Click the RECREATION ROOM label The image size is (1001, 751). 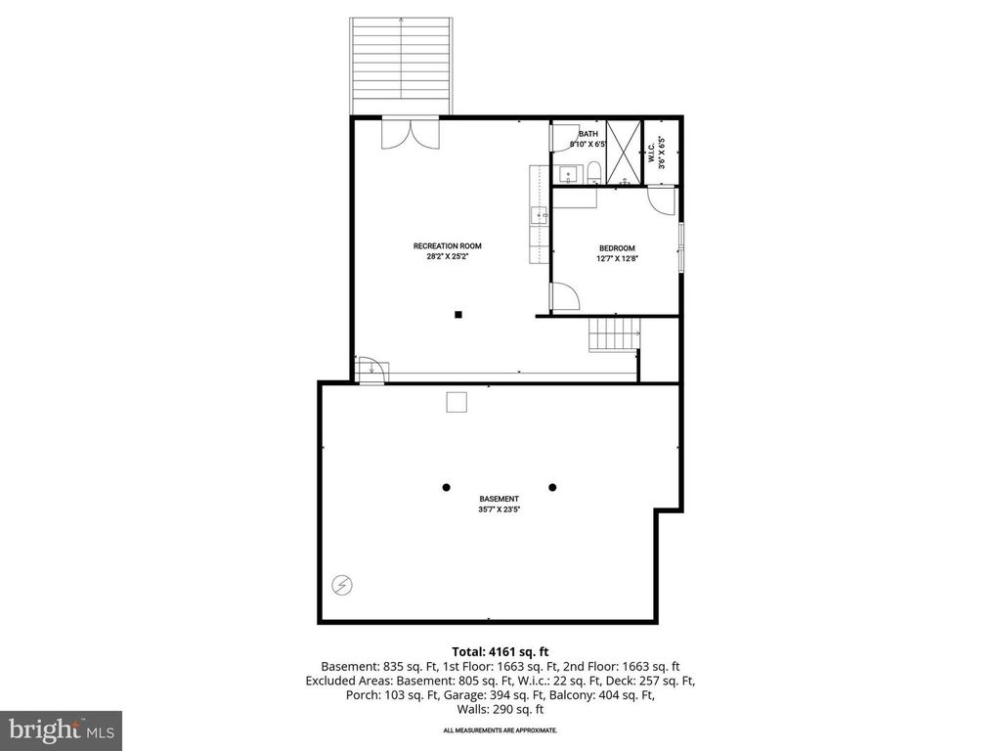447,246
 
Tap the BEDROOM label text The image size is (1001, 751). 616,248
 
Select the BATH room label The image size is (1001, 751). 588,134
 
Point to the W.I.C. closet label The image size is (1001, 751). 651,153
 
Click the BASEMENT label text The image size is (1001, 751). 499,499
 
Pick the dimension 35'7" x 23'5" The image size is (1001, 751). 499,509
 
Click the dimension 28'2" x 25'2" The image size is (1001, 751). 447,257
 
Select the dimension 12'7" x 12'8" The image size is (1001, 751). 616,259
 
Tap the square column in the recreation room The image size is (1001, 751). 457,314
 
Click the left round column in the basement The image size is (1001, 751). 446,487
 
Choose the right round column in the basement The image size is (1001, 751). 552,487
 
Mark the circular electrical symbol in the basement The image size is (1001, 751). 343,586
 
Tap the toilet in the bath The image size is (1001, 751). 593,175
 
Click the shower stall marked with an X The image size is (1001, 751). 624,152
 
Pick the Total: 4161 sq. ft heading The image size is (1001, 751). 500,650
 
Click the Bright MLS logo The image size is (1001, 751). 61,729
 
